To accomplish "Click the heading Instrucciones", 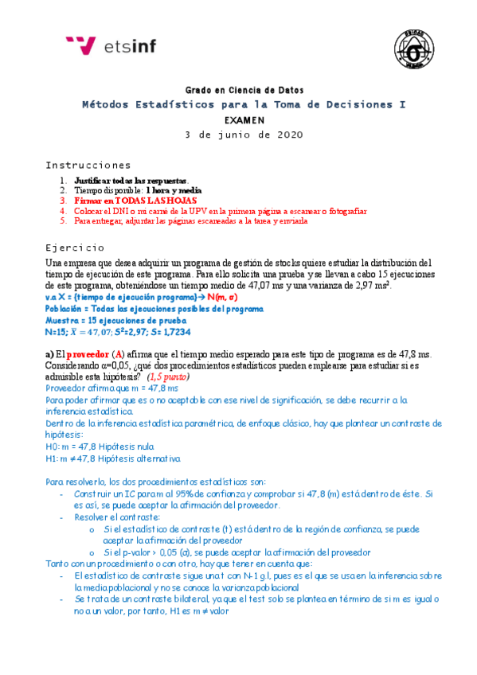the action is click(82, 165).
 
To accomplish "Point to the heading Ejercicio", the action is click(75, 247).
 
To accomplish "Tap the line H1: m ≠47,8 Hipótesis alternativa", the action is click(113, 459).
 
